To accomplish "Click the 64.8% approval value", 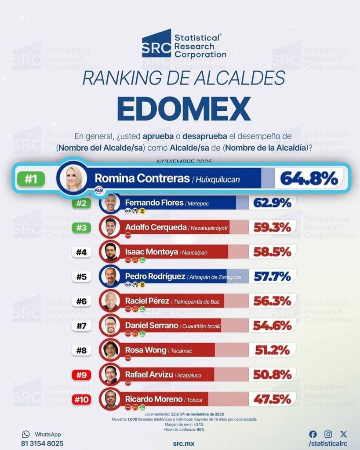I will pyautogui.click(x=309, y=178).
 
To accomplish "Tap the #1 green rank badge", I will pyautogui.click(x=31, y=179).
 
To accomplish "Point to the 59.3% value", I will pyautogui.click(x=272, y=227).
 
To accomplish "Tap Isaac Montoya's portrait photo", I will pyautogui.click(x=111, y=252).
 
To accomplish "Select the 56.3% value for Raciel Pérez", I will pyautogui.click(x=272, y=301).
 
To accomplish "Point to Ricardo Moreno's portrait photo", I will pyautogui.click(x=111, y=399).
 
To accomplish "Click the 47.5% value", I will pyautogui.click(x=272, y=399).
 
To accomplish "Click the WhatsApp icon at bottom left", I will pyautogui.click(x=26, y=434).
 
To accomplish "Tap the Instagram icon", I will pyautogui.click(x=328, y=434).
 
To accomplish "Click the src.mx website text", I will pyautogui.click(x=184, y=443).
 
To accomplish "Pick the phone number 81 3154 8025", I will pyautogui.click(x=42, y=443).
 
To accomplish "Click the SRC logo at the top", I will pyautogui.click(x=156, y=44).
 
